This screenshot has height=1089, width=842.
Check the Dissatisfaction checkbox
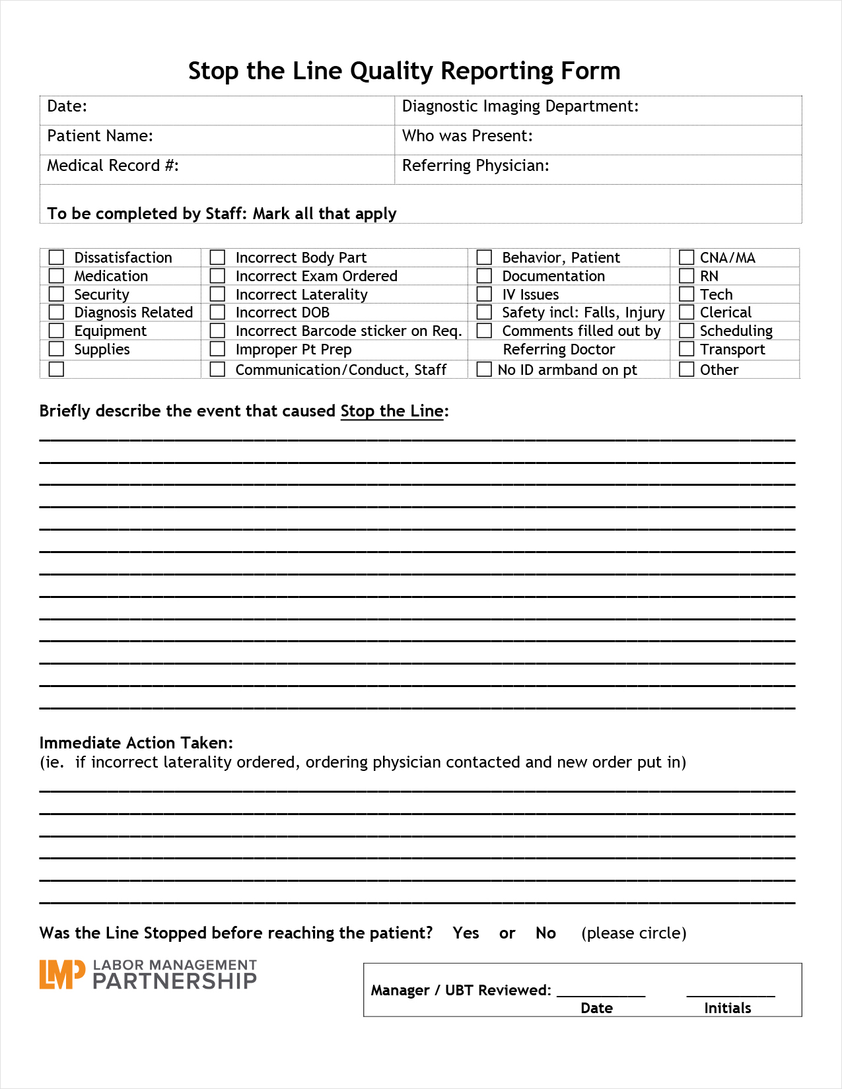57,257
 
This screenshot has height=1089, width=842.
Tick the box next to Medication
57,276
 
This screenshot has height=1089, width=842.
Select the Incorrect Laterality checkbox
217,294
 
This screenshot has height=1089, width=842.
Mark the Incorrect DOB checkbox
217,312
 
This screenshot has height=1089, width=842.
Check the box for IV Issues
484,294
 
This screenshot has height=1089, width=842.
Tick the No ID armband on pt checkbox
484,370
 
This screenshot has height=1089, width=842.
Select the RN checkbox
687,276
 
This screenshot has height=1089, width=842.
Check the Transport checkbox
687,349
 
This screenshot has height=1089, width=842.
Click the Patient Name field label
100,136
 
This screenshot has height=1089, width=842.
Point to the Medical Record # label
112,166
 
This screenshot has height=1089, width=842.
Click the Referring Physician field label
475,166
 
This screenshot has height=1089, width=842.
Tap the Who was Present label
467,136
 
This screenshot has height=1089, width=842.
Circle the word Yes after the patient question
466,933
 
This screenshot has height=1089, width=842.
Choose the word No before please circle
545,933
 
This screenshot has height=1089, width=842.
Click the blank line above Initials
730,993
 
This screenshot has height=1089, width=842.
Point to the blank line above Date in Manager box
600,993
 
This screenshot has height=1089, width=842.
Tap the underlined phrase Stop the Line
392,411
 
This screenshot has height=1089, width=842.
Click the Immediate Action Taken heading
136,743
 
